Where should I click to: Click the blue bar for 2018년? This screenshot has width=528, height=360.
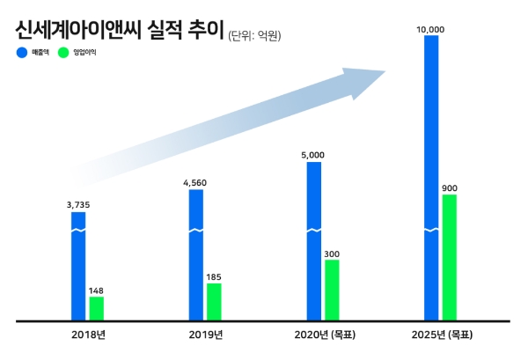pyautogui.click(x=79, y=264)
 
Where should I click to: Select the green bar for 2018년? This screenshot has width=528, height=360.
pyautogui.click(x=97, y=308)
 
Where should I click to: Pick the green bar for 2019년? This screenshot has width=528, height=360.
pyautogui.click(x=214, y=301)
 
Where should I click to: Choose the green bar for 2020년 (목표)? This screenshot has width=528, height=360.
pyautogui.click(x=332, y=289)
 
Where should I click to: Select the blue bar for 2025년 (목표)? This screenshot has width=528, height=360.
pyautogui.click(x=431, y=176)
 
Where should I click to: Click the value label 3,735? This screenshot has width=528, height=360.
pyautogui.click(x=79, y=204)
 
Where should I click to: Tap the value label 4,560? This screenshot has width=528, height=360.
pyautogui.click(x=196, y=182)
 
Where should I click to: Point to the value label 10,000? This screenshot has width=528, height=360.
pyautogui.click(x=431, y=29)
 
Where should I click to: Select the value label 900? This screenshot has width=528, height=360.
pyautogui.click(x=450, y=187)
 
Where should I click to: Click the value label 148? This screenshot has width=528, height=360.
pyautogui.click(x=97, y=290)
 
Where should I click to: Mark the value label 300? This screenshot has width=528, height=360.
pyautogui.click(x=332, y=253)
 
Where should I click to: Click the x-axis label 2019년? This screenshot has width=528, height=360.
pyautogui.click(x=206, y=334)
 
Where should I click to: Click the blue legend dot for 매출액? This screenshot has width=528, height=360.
pyautogui.click(x=21, y=53)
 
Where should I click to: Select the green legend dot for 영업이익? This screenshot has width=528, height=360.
pyautogui.click(x=62, y=53)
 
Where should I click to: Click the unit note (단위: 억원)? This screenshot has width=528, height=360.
pyautogui.click(x=260, y=36)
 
